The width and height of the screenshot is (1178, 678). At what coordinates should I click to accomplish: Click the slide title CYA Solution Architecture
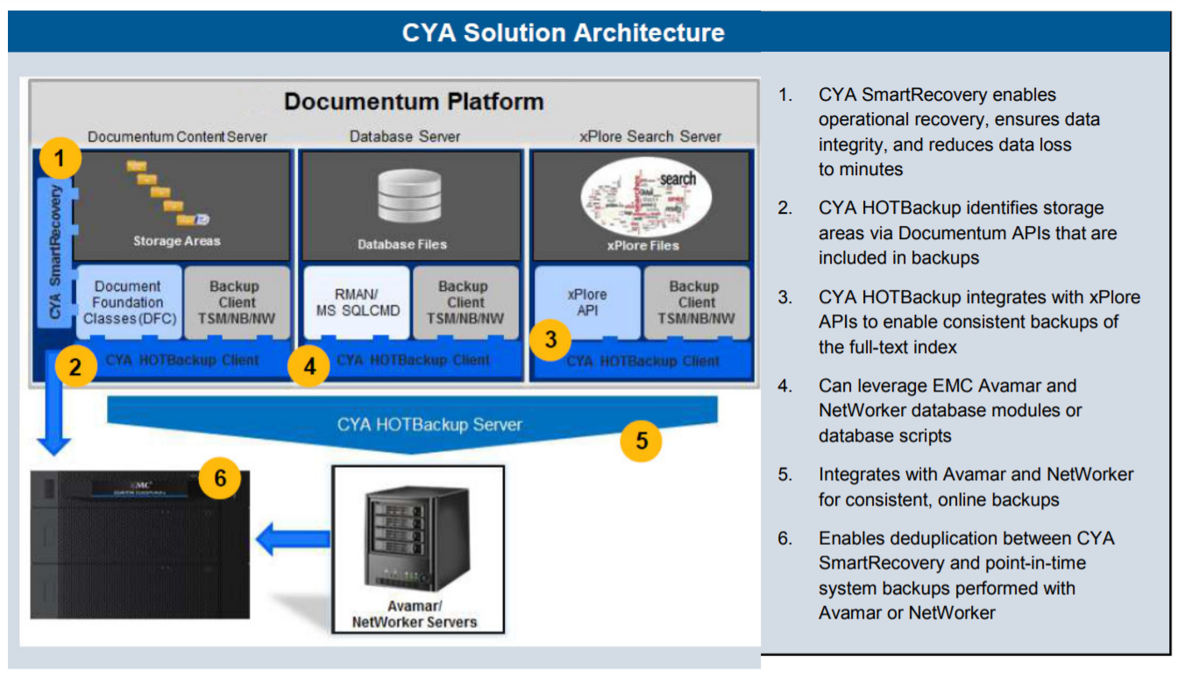click(x=563, y=33)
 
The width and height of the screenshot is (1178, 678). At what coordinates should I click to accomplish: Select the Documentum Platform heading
click(x=414, y=102)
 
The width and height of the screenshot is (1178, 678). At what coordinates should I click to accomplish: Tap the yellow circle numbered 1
click(x=59, y=159)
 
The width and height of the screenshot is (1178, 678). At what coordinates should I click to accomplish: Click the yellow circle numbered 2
click(x=76, y=366)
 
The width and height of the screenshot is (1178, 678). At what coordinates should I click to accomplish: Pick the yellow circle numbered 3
click(x=550, y=340)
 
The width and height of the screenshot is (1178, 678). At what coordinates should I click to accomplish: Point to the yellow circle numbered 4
click(x=309, y=367)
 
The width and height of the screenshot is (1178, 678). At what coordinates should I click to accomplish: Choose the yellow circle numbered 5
click(x=642, y=441)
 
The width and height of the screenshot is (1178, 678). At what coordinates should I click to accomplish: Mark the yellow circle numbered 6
click(x=220, y=478)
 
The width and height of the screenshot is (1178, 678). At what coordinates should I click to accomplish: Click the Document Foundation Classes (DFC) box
click(x=128, y=302)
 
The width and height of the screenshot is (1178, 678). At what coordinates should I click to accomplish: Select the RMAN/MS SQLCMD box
click(x=357, y=302)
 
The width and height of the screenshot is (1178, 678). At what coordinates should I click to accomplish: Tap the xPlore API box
click(x=586, y=302)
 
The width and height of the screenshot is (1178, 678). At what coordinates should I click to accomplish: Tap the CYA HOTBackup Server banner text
click(x=429, y=425)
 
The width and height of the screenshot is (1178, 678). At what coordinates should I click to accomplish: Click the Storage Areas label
click(x=176, y=241)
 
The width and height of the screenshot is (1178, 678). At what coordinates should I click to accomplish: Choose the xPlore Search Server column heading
click(x=650, y=137)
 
